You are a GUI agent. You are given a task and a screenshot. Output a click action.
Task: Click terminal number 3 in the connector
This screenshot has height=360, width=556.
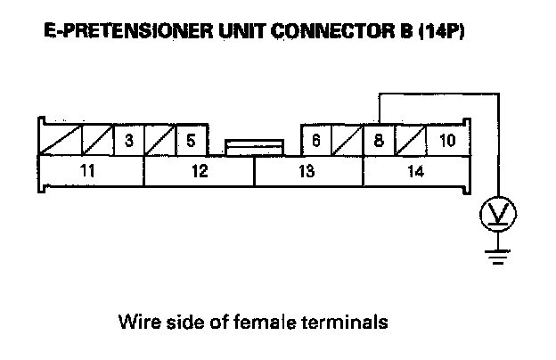pyautogui.click(x=129, y=140)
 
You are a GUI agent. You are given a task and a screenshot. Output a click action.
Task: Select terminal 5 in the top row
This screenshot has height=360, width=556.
pyautogui.click(x=191, y=140)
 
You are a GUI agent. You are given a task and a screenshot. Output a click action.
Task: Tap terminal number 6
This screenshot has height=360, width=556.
pyautogui.click(x=315, y=140)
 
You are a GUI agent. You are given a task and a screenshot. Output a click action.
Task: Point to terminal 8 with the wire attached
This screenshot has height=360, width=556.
pyautogui.click(x=379, y=140)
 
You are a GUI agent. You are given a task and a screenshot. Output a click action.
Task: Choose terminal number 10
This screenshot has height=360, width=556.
pyautogui.click(x=446, y=140)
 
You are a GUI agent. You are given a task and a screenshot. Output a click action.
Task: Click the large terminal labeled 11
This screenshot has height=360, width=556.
pyautogui.click(x=87, y=171)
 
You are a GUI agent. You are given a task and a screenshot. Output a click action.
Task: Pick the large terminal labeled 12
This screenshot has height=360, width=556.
pyautogui.click(x=199, y=171)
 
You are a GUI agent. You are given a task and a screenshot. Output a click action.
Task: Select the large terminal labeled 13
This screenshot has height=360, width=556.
pyautogui.click(x=307, y=171)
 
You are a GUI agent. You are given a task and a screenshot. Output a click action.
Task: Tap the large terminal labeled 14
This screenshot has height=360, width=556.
pyautogui.click(x=415, y=171)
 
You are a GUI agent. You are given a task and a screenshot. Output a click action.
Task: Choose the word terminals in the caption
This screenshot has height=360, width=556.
pyautogui.click(x=354, y=322)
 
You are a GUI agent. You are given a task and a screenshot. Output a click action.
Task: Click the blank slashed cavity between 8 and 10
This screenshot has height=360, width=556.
pyautogui.click(x=411, y=140)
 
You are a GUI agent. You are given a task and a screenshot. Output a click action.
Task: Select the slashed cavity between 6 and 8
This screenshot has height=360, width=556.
pyautogui.click(x=347, y=140)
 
